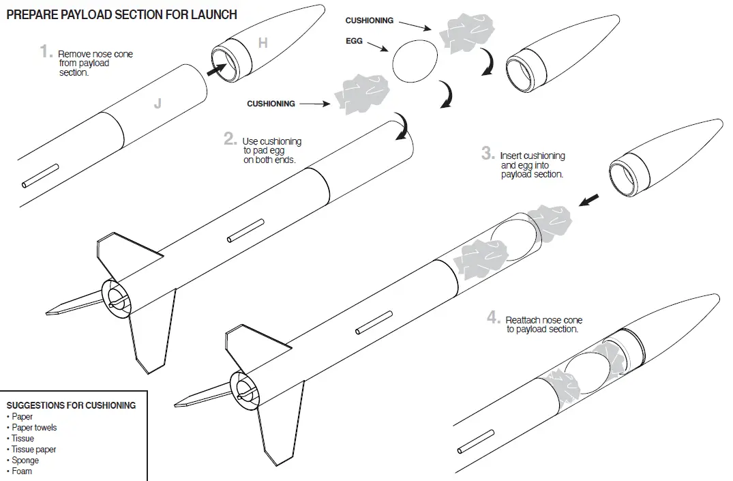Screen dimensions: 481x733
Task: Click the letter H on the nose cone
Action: click(x=263, y=44)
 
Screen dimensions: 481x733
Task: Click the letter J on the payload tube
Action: click(x=158, y=104)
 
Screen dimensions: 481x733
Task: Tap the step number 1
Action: click(x=46, y=52)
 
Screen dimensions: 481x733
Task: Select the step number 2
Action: click(x=230, y=139)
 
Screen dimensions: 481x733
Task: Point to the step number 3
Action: click(x=488, y=154)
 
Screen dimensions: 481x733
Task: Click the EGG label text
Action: click(x=354, y=42)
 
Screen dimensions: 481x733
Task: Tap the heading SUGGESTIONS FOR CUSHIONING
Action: click(x=71, y=405)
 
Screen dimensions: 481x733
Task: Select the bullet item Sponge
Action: click(x=25, y=461)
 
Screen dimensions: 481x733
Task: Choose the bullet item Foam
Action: click(x=22, y=471)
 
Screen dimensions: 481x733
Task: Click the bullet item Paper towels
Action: click(x=34, y=428)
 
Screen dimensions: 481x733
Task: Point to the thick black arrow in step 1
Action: click(x=217, y=67)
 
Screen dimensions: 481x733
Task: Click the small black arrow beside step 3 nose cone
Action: click(x=589, y=199)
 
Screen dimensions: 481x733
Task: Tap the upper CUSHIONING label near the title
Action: click(x=369, y=21)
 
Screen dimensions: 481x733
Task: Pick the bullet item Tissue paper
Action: click(x=34, y=450)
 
